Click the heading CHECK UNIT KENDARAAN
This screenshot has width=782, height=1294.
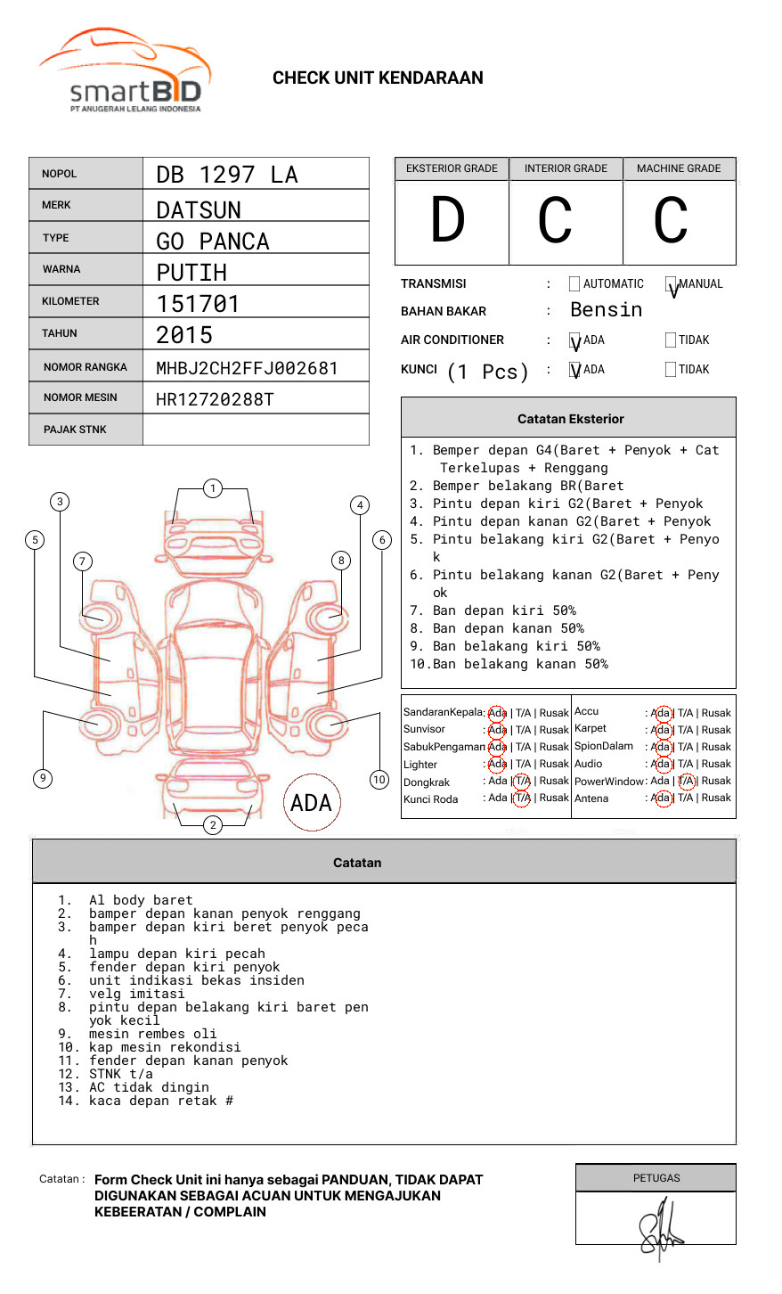[x=378, y=78]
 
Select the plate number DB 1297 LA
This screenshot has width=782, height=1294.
[x=226, y=175]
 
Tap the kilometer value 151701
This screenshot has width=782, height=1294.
[x=198, y=304]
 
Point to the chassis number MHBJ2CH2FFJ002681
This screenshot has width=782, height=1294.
[x=247, y=368]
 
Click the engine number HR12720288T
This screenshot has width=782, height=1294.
[x=215, y=399]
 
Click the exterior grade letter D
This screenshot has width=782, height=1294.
[x=448, y=220]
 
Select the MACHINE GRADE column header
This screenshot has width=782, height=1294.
[x=679, y=168]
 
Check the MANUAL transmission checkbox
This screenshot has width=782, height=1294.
[x=672, y=284]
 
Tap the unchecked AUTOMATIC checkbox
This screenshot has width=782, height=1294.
[x=574, y=284]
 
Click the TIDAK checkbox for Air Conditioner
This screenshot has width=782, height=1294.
[x=671, y=340]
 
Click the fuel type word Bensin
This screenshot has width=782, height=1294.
[x=606, y=310]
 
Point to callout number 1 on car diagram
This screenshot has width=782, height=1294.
[x=212, y=488]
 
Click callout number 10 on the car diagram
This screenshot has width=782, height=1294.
[x=379, y=780]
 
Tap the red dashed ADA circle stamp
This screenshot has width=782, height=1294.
[x=311, y=803]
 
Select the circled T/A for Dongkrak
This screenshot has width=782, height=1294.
[x=522, y=782]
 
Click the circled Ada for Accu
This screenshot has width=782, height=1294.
[x=661, y=713]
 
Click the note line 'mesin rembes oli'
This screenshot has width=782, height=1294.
[x=152, y=1034]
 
